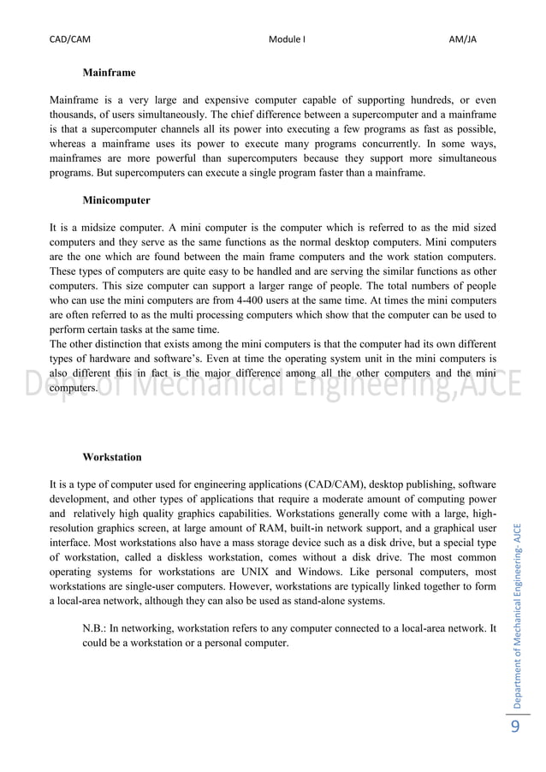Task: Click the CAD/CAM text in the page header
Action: tap(70, 39)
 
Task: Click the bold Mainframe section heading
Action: tap(109, 74)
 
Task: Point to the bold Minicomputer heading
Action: tap(116, 200)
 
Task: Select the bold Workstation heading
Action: tap(112, 457)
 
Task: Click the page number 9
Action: tap(514, 727)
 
